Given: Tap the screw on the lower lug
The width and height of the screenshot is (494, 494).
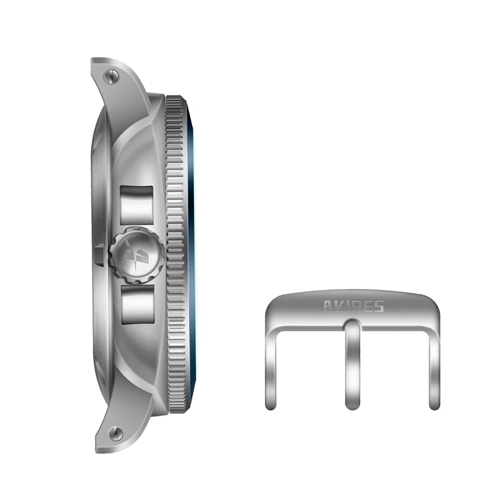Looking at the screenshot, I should tap(112, 433).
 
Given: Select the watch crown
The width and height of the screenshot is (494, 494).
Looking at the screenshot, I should tap(136, 253).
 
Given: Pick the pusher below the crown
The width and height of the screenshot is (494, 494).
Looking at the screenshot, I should tap(136, 304).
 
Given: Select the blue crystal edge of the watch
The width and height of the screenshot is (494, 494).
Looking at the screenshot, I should tap(193, 253).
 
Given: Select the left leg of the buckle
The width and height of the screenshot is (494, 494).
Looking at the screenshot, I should tap(272, 364).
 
